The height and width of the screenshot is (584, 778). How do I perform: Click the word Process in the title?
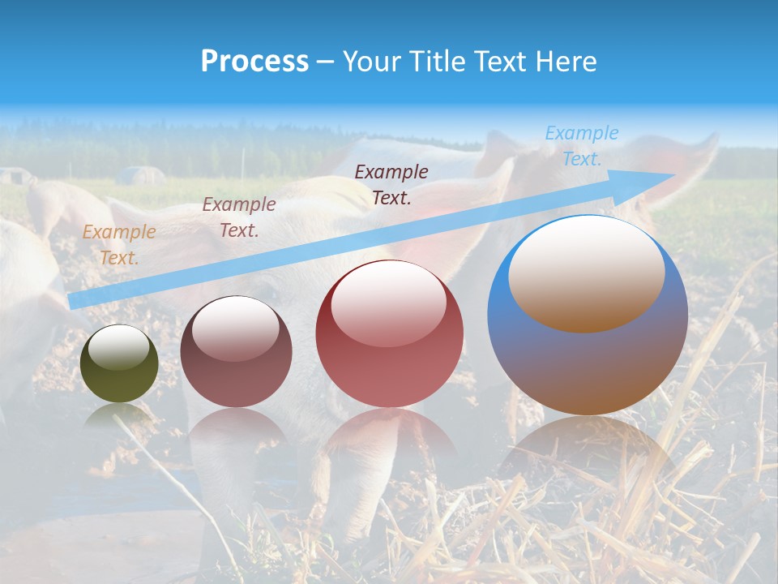pyautogui.click(x=254, y=62)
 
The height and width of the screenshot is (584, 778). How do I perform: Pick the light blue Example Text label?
pyautogui.click(x=581, y=146)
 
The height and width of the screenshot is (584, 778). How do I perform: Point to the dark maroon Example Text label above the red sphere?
pyautogui.click(x=391, y=184)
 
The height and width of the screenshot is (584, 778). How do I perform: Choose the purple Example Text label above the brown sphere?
pyautogui.click(x=239, y=217)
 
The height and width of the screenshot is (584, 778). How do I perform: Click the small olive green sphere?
pyautogui.click(x=119, y=373)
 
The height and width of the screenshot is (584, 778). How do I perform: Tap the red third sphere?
pyautogui.click(x=390, y=357)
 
